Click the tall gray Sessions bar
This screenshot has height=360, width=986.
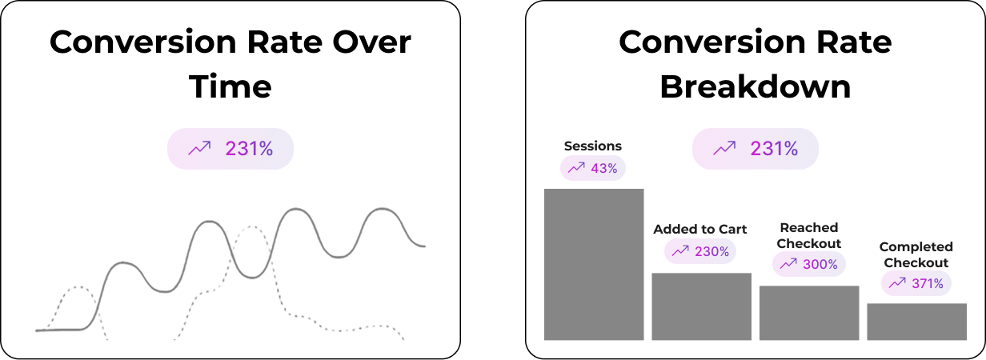point(594,264)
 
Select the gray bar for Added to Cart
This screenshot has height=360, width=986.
point(701,306)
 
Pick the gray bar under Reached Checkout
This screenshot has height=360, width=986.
point(809,313)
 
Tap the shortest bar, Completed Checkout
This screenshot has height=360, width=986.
point(916,322)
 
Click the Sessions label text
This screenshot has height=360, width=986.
point(593,146)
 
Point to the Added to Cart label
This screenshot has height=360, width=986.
point(700,230)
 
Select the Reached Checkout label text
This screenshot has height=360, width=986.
point(809,235)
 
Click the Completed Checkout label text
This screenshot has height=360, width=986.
point(916,254)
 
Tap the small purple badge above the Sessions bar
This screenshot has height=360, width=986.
point(593,168)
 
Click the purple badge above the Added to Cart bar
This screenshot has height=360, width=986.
point(700,251)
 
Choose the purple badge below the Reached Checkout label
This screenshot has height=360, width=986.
point(809,264)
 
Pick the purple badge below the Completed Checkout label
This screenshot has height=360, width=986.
point(916,283)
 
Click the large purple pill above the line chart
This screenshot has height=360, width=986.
point(230,149)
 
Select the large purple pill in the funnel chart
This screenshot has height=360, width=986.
point(756,149)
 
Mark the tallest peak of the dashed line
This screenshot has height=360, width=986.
point(251,226)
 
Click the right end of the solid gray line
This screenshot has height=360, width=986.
point(424,246)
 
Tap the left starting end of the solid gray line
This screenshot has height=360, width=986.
point(38,330)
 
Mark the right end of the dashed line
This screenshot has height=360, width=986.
point(403,338)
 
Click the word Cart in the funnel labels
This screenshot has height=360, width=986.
point(731,230)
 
